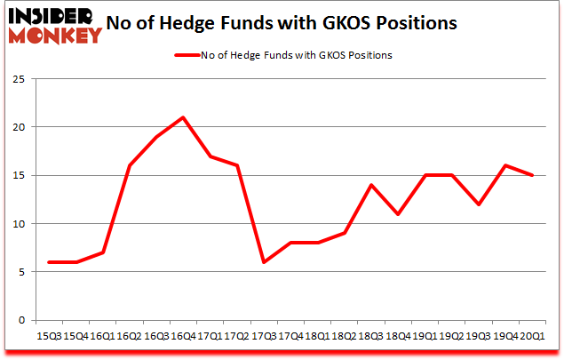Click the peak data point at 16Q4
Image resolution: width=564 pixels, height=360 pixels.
[x=182, y=117]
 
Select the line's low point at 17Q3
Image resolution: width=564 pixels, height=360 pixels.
[x=263, y=262]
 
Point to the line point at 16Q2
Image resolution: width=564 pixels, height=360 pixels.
[x=130, y=165]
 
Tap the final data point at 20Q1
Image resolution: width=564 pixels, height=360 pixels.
[x=533, y=175]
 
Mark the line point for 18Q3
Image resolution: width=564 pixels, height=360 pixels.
[x=371, y=185]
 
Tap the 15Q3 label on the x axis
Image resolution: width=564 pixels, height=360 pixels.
[x=49, y=336]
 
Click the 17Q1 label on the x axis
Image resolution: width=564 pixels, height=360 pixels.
[x=210, y=336]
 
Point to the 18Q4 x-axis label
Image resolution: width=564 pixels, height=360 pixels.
[x=398, y=336]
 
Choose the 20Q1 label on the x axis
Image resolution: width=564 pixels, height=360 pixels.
[x=533, y=336]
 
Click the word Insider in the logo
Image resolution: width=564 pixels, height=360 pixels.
[x=55, y=16]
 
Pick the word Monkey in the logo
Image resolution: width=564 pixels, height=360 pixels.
[x=55, y=36]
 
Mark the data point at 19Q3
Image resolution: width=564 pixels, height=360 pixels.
[x=479, y=204]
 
